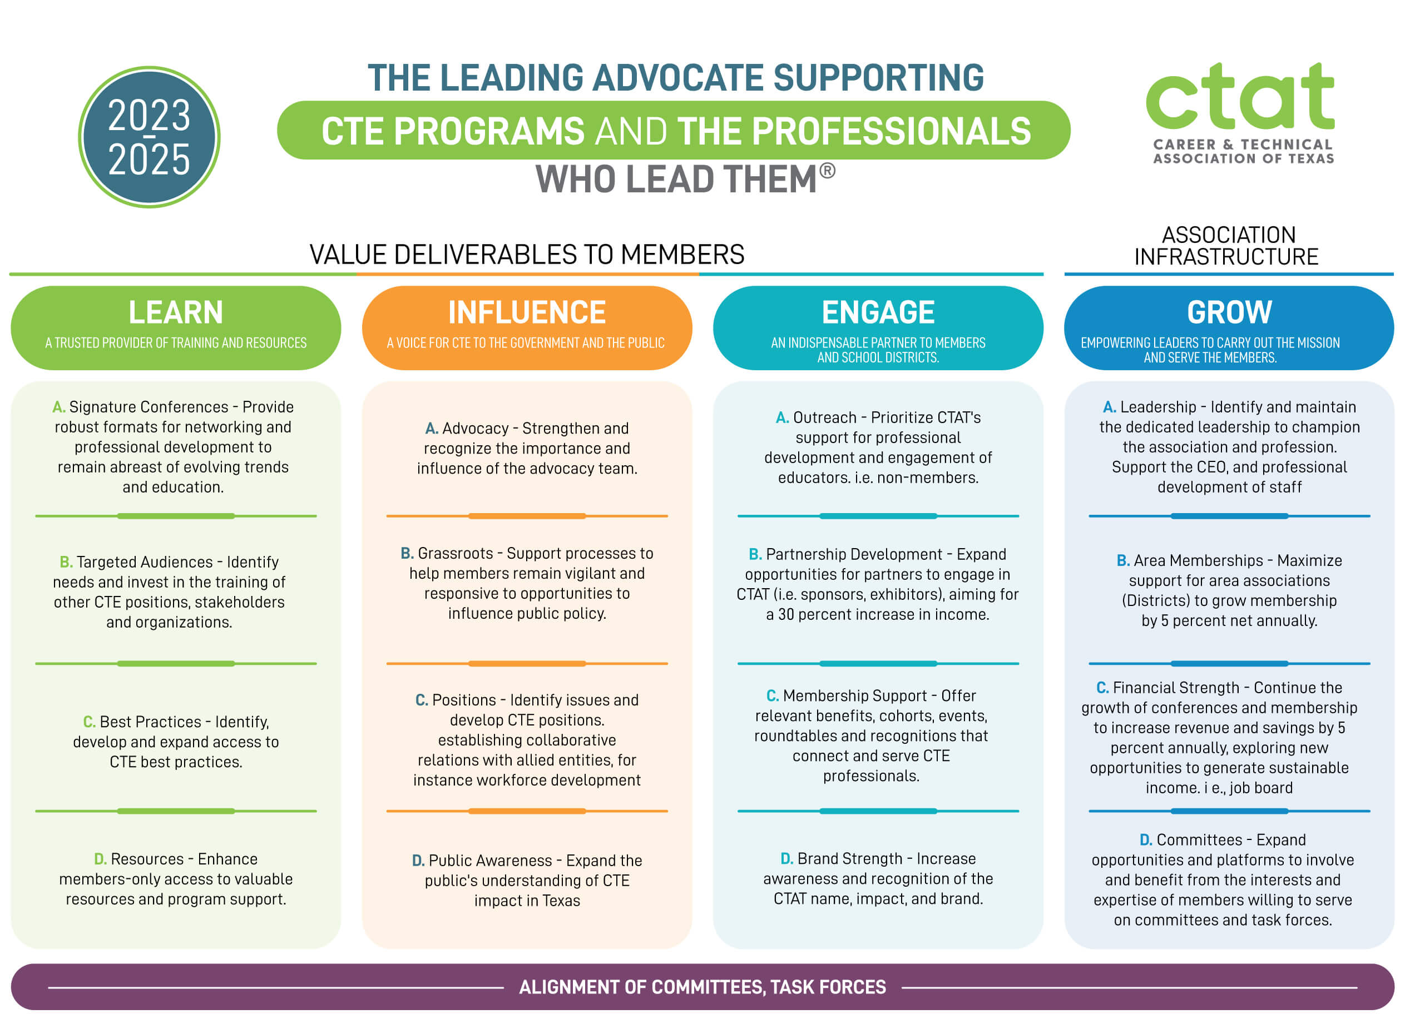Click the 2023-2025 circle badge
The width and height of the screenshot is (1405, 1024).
[149, 137]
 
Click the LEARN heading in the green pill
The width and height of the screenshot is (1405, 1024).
[175, 312]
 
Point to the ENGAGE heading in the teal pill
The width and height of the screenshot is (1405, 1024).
[878, 312]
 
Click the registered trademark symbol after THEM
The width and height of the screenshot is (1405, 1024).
[827, 171]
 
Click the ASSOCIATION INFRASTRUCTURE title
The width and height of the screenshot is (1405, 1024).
[1227, 246]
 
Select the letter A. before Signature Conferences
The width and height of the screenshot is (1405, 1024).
[59, 407]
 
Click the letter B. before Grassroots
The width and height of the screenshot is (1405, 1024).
[407, 554]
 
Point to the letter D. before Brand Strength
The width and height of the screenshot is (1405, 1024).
[787, 859]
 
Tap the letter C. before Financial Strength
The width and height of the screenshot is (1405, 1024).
[1102, 688]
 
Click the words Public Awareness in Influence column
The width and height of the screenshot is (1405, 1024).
[491, 861]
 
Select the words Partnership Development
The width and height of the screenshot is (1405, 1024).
[854, 555]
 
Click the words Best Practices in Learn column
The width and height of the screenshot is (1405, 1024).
[151, 722]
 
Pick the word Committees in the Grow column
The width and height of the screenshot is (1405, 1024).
[1200, 840]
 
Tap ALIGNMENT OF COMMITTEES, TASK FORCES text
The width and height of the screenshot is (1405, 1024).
[702, 987]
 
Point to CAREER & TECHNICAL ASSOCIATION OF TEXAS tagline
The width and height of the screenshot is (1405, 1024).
[1243, 151]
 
